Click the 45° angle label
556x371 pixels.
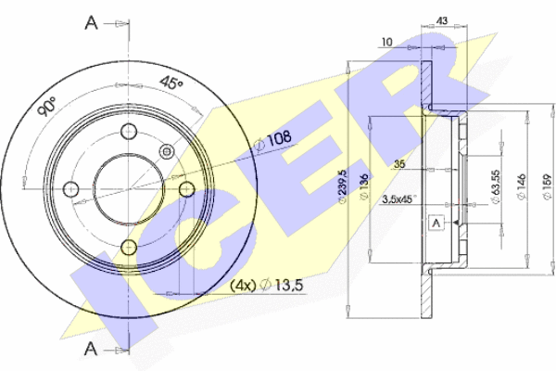171,83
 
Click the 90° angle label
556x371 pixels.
47,106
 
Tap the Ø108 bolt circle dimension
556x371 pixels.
273,139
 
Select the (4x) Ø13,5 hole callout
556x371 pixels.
267,285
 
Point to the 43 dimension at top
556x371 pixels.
441,20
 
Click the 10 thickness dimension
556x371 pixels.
386,43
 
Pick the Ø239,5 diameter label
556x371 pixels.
343,186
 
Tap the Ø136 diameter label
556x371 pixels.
364,187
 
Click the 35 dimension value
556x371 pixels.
399,164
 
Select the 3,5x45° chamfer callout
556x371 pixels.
398,199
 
